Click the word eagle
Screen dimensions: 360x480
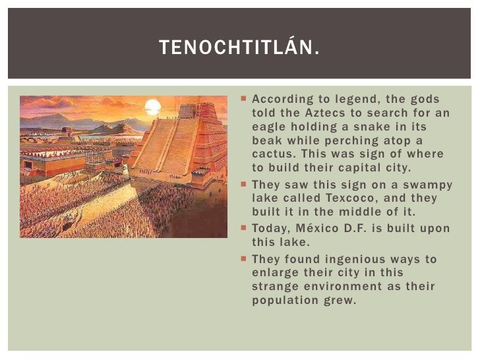point(268,127)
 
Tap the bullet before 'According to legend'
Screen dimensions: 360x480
point(243,98)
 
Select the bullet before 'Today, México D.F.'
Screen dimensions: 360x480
point(243,228)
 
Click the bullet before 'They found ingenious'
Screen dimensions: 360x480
point(243,258)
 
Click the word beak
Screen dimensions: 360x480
point(266,141)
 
